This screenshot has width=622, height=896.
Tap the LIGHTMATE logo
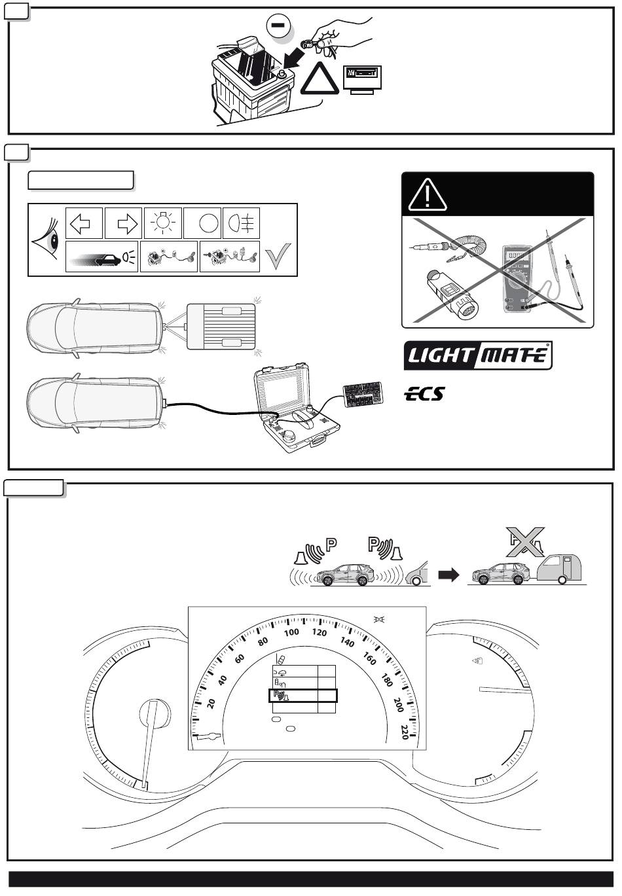click(x=478, y=355)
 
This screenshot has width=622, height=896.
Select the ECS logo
click(x=424, y=393)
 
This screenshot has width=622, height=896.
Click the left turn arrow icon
click(x=84, y=223)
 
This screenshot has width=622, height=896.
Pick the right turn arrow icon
click(x=124, y=223)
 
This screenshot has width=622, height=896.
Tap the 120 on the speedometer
click(x=320, y=633)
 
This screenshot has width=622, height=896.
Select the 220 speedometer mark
click(x=405, y=732)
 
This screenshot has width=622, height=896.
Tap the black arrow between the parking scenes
click(x=448, y=575)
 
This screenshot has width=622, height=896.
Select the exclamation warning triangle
click(x=427, y=194)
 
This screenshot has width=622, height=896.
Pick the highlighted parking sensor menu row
click(x=302, y=696)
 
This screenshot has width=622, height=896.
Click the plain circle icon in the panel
click(x=208, y=223)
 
